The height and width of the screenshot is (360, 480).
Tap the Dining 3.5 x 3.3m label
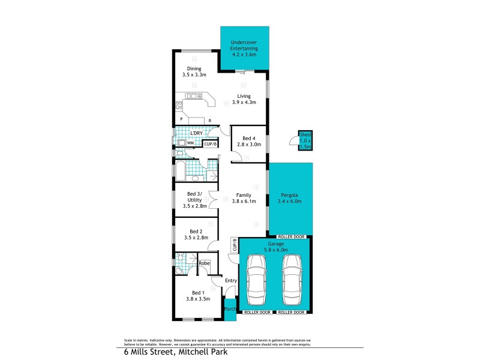[194, 72]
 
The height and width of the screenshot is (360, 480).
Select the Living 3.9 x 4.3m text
[244, 99]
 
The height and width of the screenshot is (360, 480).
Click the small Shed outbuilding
[305, 140]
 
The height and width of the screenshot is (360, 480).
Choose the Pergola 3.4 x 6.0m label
[290, 199]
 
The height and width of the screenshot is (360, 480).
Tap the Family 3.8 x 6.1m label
[244, 199]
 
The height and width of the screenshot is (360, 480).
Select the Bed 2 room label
[194, 235]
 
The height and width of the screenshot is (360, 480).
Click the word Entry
[231, 281]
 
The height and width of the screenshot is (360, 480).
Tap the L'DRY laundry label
[196, 133]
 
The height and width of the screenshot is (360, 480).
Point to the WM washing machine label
[190, 143]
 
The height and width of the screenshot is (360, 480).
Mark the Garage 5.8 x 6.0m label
[276, 247]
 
